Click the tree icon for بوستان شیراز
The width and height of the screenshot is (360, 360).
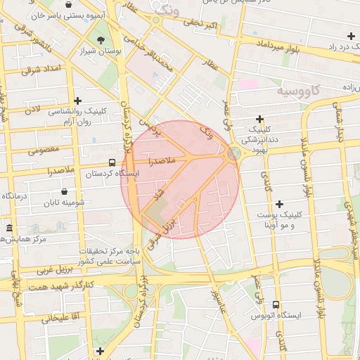(103, 39)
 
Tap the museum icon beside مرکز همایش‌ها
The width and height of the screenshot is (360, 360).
(9, 228)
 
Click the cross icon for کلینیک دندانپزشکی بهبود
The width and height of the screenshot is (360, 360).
(260, 118)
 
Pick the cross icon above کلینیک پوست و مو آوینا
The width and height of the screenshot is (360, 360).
(279, 204)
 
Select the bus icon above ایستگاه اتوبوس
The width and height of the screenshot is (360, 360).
(275, 305)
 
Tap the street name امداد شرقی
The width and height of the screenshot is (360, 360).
(42, 70)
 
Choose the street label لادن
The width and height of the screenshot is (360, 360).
(33, 111)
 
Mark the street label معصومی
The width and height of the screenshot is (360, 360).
(44, 150)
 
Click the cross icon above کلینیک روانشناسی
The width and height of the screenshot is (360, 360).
(77, 101)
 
